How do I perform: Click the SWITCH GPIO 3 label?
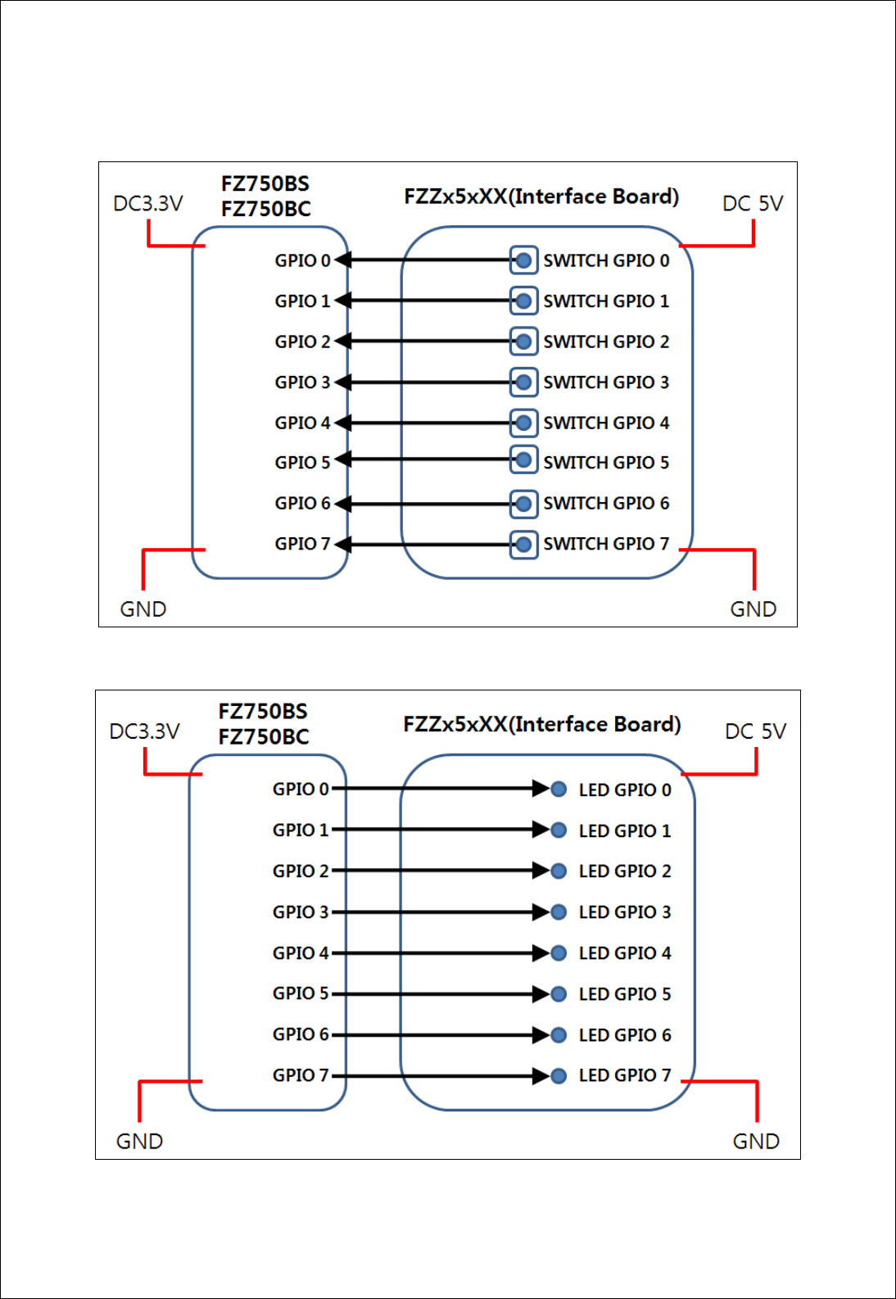pyautogui.click(x=606, y=382)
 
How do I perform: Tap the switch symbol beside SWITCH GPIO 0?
pyautogui.click(x=523, y=260)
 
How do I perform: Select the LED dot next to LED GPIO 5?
pyautogui.click(x=559, y=994)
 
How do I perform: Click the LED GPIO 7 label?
pyautogui.click(x=625, y=1075)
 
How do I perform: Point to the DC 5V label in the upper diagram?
pyautogui.click(x=753, y=203)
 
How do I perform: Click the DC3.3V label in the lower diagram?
pyautogui.click(x=145, y=731)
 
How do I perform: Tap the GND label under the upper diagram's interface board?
pyautogui.click(x=753, y=609)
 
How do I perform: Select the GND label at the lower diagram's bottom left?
pyautogui.click(x=139, y=1142)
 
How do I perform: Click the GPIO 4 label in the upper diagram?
pyautogui.click(x=302, y=423)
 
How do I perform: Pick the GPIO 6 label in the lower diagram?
pyautogui.click(x=301, y=1034)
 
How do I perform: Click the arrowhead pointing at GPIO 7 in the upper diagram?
pyautogui.click(x=342, y=545)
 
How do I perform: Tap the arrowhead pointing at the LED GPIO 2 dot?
pyautogui.click(x=541, y=871)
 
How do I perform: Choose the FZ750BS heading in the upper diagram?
pyautogui.click(x=265, y=183)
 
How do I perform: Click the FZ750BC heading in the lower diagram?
pyautogui.click(x=264, y=737)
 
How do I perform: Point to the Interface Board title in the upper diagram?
pyautogui.click(x=541, y=197)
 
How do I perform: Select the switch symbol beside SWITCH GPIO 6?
pyautogui.click(x=523, y=504)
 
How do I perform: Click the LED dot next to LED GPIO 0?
pyautogui.click(x=559, y=790)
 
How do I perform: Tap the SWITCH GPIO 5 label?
pyautogui.click(x=606, y=463)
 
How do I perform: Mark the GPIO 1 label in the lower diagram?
pyautogui.click(x=301, y=831)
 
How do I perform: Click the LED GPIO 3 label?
pyautogui.click(x=625, y=912)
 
